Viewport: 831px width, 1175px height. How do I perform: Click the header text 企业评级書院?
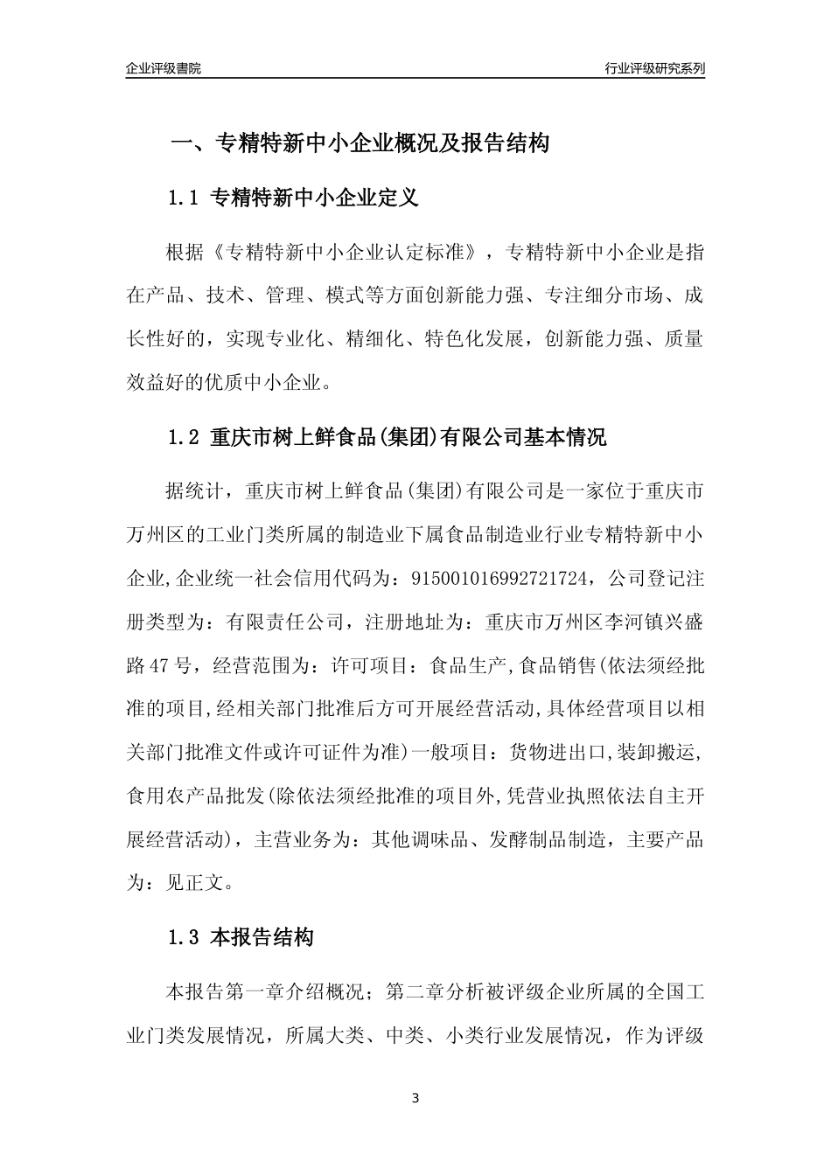click(164, 67)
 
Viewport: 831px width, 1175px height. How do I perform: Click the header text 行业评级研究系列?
click(654, 67)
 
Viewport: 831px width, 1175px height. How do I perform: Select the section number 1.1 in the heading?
click(185, 198)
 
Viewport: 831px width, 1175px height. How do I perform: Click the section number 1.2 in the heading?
click(185, 437)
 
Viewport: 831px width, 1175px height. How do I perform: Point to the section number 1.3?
click(185, 938)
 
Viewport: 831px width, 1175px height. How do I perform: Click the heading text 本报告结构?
click(262, 938)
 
